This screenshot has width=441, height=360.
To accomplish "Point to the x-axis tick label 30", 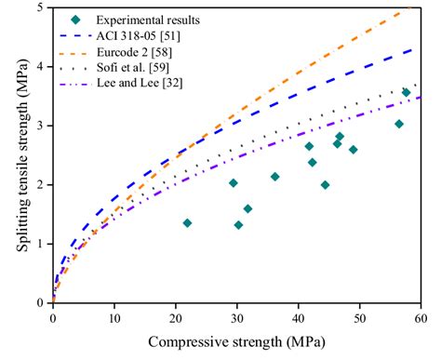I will pyautogui.click(x=236, y=317).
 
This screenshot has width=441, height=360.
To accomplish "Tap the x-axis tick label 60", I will pyautogui.click(x=421, y=317).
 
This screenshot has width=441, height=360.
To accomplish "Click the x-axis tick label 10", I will pyautogui.click(x=114, y=317).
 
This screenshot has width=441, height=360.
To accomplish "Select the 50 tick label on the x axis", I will pyautogui.click(x=359, y=317).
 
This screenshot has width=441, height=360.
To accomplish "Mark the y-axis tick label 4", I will pyautogui.click(x=38, y=67).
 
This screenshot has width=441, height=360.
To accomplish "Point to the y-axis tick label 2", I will pyautogui.click(x=38, y=185).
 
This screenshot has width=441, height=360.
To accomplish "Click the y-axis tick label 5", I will pyautogui.click(x=38, y=8).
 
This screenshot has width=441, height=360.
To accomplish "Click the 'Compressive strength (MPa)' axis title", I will pyautogui.click(x=236, y=342).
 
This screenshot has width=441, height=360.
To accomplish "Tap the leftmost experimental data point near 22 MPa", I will pyautogui.click(x=187, y=223).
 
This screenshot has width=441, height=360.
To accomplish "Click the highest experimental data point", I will pyautogui.click(x=406, y=92).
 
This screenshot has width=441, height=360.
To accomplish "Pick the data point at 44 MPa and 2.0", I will pyautogui.click(x=325, y=185).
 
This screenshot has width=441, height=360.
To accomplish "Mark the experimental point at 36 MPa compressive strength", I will pyautogui.click(x=274, y=177).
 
